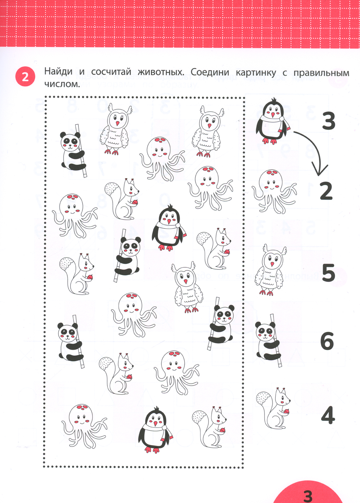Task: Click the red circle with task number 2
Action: click(25, 77)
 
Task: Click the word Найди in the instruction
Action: click(58, 71)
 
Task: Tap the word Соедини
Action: click(210, 72)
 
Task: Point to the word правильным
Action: click(321, 73)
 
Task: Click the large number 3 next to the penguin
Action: click(329, 122)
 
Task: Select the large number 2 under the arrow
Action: click(326, 191)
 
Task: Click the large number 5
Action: click(328, 273)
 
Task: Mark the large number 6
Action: click(327, 341)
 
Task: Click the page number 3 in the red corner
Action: click(308, 496)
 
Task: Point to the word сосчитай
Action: click(111, 72)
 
